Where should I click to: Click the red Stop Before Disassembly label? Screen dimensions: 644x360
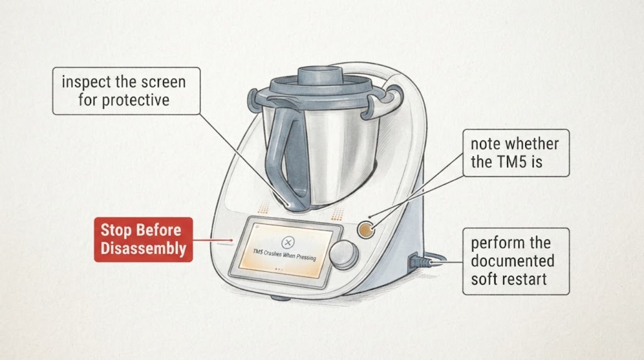click(143, 240)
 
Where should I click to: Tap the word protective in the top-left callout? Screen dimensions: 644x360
click(136, 100)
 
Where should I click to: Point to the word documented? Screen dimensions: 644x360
click(513, 261)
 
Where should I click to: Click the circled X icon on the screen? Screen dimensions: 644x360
click(288, 242)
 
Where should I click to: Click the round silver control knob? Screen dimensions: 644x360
click(343, 254)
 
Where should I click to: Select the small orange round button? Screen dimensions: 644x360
click(366, 230)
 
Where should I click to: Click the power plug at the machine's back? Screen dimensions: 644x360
click(420, 261)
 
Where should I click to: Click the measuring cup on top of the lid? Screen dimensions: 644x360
click(320, 76)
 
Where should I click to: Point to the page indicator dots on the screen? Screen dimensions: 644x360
click(279, 269)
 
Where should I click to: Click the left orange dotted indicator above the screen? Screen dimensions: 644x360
click(263, 208)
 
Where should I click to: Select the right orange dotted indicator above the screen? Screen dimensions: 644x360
click(338, 214)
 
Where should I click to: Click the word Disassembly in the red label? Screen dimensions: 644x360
click(143, 249)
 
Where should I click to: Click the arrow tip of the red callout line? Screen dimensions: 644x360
click(232, 240)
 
